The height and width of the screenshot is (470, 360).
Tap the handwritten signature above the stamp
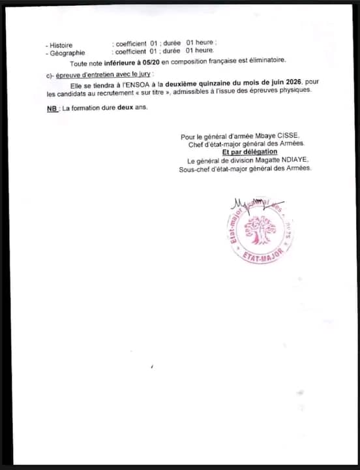254,205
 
